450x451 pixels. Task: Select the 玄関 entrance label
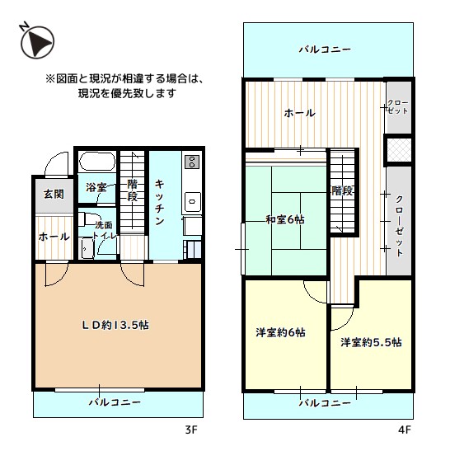coord(43,195)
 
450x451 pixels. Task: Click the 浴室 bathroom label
coord(96,187)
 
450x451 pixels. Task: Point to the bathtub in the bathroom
coord(96,162)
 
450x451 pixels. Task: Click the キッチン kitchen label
coord(162,203)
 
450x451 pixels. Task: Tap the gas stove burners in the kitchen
coord(191,162)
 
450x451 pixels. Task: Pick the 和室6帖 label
coord(284,219)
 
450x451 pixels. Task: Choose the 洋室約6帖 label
coord(281,332)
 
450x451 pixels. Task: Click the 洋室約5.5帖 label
coord(371,341)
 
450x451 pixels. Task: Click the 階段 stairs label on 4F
coord(342,191)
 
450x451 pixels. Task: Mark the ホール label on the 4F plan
coord(299,113)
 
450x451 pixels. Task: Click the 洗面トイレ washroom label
coord(103,230)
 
